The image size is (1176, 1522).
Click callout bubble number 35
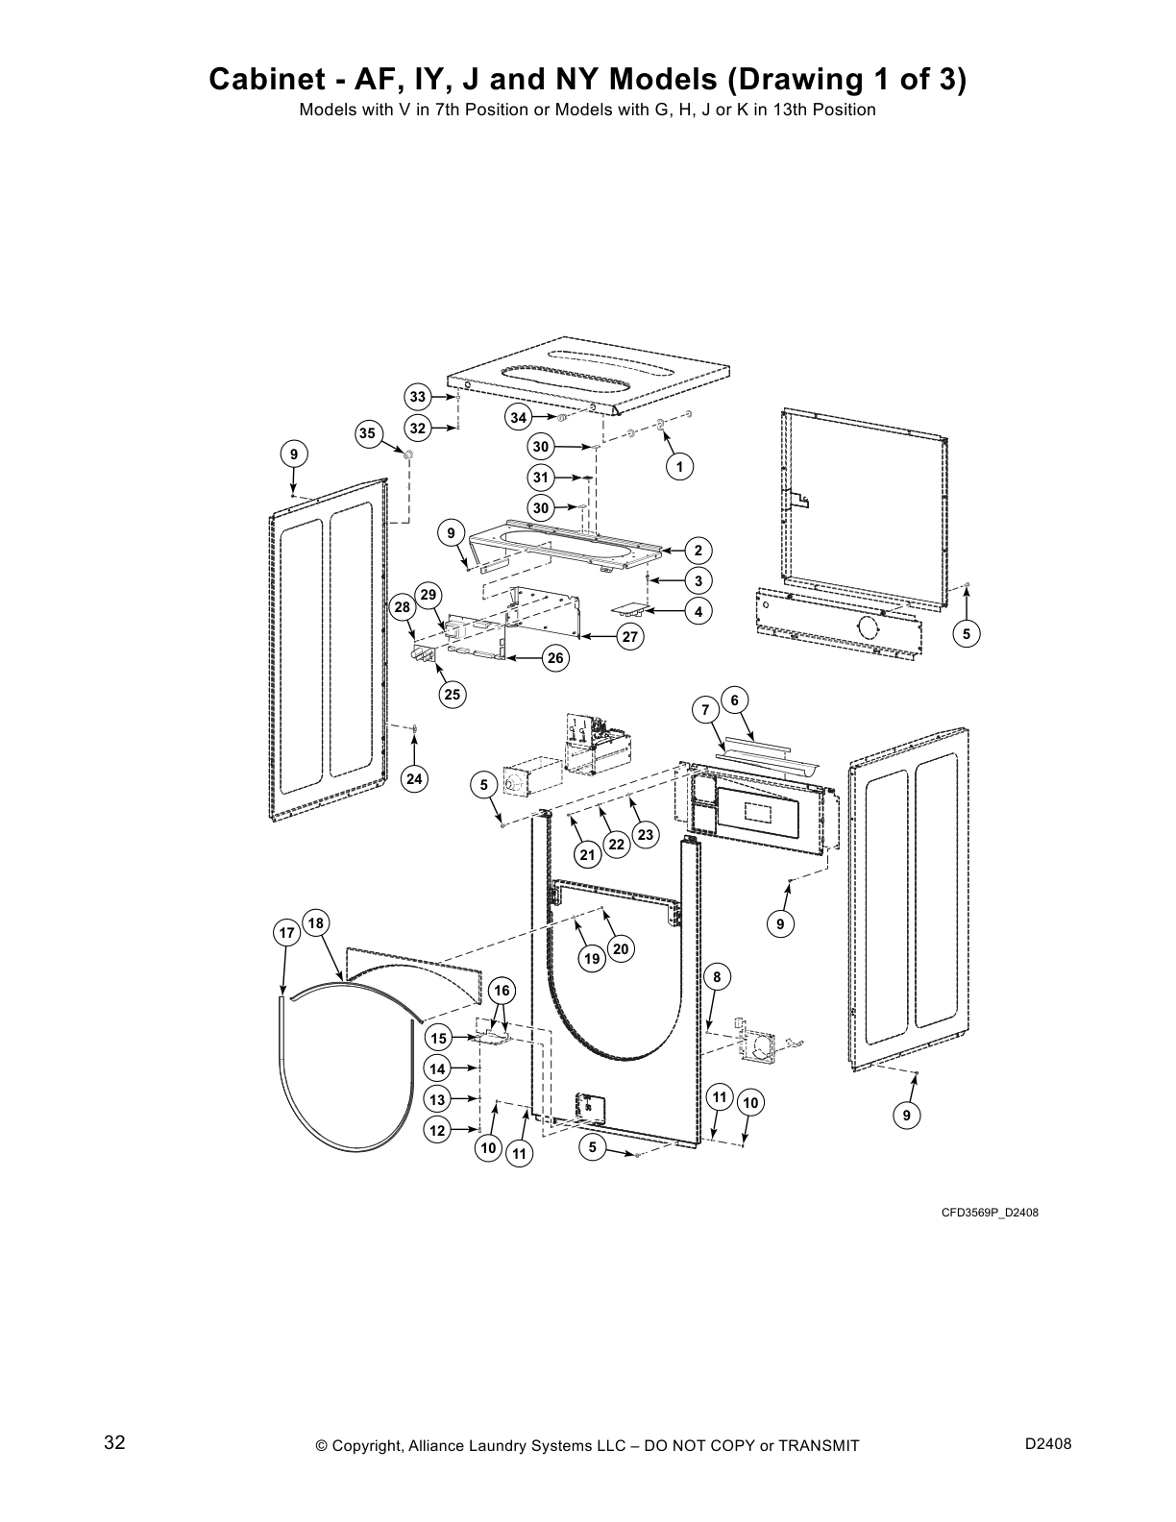click(x=367, y=433)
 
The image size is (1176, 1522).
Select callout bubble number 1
click(x=679, y=466)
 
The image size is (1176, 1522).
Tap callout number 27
click(x=630, y=636)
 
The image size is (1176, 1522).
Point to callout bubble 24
click(x=414, y=778)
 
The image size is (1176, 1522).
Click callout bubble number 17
click(x=285, y=933)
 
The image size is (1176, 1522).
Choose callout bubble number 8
click(x=717, y=977)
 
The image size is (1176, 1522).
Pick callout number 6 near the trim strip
click(x=734, y=700)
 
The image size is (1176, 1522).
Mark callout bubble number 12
click(x=438, y=1130)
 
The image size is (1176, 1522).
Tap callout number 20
click(x=620, y=949)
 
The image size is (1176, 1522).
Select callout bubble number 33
click(x=417, y=397)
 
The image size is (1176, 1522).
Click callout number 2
click(x=698, y=551)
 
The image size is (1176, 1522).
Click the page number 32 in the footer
click(x=114, y=1443)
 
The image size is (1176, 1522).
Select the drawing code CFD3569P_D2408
click(x=989, y=1213)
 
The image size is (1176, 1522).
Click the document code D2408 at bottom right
click(x=1048, y=1444)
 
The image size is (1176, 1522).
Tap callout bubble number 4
click(x=698, y=611)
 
